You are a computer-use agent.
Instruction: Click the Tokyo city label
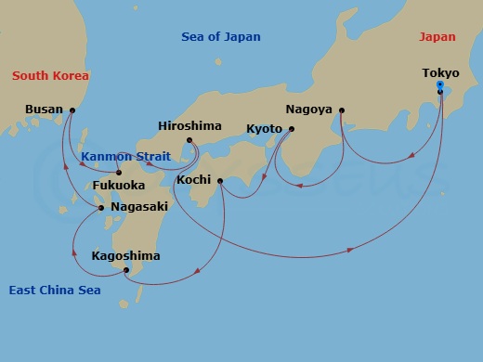tap(440, 72)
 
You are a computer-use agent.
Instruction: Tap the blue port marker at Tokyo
tap(440, 85)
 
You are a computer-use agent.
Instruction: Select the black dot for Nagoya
tap(342, 110)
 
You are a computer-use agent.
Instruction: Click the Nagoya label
tap(309, 109)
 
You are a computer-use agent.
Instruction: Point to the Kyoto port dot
tap(291, 129)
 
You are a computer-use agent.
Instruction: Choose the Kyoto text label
tap(264, 128)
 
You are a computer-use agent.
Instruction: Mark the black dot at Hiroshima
tap(189, 141)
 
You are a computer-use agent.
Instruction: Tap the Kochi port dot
tap(220, 180)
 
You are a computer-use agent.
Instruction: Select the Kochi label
tap(194, 179)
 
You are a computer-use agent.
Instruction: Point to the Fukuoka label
tap(118, 185)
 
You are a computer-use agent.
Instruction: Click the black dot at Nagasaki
tap(101, 208)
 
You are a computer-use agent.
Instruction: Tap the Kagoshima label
tap(125, 255)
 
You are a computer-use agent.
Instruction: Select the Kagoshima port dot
tap(126, 270)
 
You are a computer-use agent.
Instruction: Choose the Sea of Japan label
tap(220, 37)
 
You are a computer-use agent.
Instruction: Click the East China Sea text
tap(55, 291)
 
